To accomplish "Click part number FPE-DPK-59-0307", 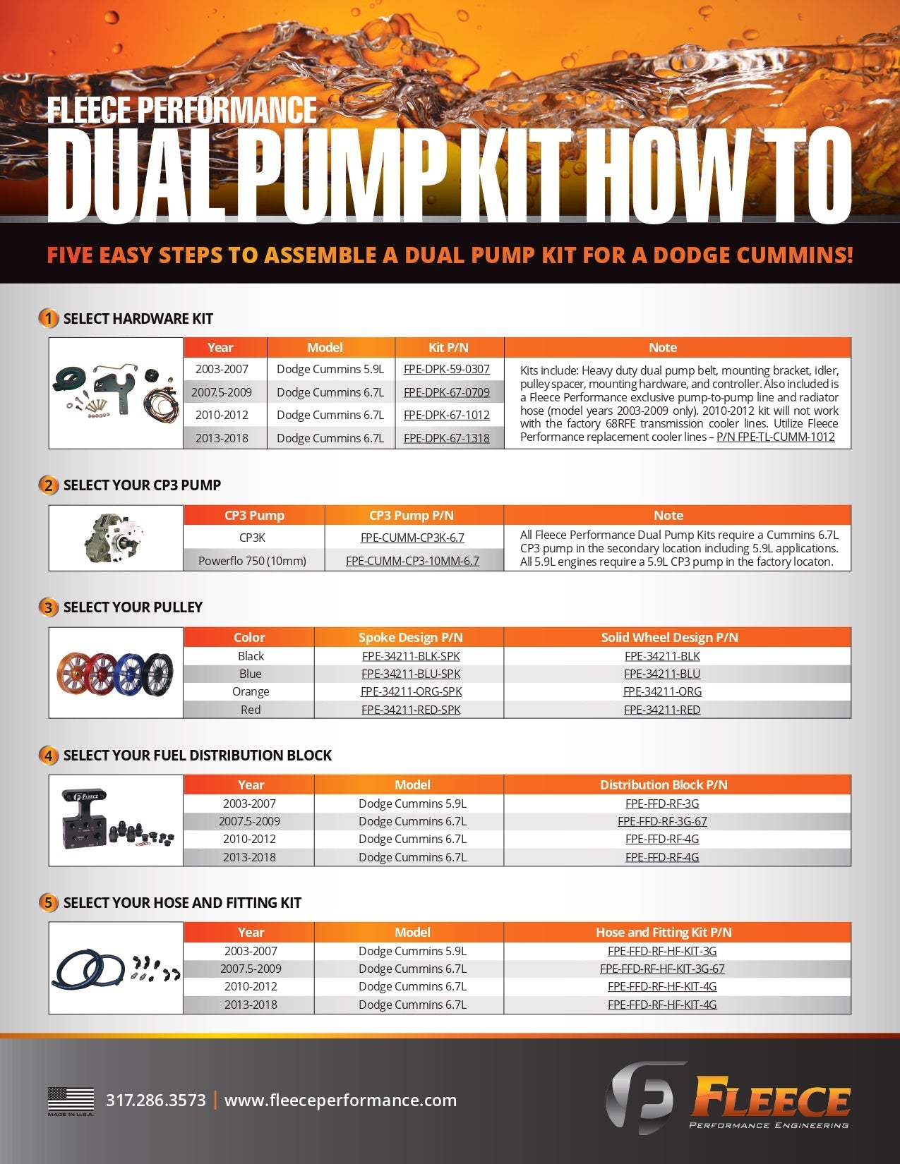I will (x=446, y=369).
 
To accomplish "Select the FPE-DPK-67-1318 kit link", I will (x=446, y=438).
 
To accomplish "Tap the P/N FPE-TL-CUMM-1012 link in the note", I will (x=775, y=437).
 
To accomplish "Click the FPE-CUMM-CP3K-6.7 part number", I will (x=412, y=538).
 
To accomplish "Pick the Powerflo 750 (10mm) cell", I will (x=252, y=561).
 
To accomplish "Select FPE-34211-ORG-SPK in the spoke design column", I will (x=411, y=691).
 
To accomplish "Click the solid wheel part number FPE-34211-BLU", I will (x=662, y=674).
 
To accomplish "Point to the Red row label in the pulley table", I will (x=250, y=710).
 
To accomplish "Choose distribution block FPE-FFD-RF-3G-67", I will (x=662, y=821).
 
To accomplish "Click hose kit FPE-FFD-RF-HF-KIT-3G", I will (x=662, y=951).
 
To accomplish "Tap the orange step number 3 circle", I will (x=48, y=607).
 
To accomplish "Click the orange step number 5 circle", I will (x=48, y=903).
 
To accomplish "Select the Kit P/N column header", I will (x=448, y=347).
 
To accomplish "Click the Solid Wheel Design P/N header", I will (x=669, y=637).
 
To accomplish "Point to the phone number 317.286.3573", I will (x=155, y=1101).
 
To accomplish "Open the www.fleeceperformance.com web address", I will (x=340, y=1101).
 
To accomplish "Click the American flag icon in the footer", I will (x=71, y=1099).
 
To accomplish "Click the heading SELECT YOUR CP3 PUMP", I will (x=142, y=485).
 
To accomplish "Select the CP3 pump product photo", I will (x=116, y=538).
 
